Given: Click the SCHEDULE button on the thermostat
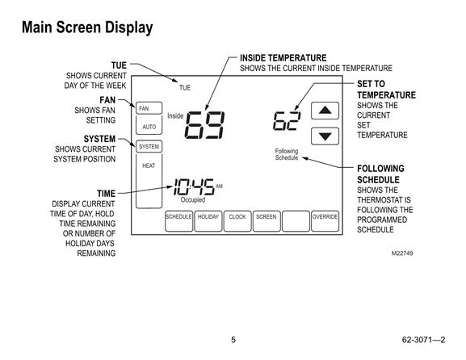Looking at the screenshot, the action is click(x=178, y=221).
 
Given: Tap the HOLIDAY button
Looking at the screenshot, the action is click(x=208, y=221).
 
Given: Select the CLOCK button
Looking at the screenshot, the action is click(x=237, y=221).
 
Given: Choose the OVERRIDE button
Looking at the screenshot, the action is click(x=325, y=221).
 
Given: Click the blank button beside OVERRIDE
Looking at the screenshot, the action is click(x=296, y=221).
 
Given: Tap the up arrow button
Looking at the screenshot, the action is click(x=325, y=111).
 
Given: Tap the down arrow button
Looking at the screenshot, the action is click(x=325, y=136).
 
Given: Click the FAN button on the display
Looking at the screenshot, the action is click(x=149, y=108).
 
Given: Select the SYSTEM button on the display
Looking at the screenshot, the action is click(x=149, y=146).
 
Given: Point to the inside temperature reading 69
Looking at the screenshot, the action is click(x=204, y=125).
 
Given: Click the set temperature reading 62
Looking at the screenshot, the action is click(x=287, y=121).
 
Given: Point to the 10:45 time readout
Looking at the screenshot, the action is click(x=194, y=186).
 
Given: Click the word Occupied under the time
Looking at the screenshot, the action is click(x=193, y=199).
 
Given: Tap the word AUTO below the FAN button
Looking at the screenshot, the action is click(x=149, y=127).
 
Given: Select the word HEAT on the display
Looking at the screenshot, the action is click(x=149, y=165).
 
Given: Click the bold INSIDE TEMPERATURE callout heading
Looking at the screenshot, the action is click(x=283, y=57).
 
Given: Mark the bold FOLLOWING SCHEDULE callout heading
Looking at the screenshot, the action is click(x=380, y=174).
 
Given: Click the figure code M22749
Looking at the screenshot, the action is click(x=402, y=253).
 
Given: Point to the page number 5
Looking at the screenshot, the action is click(x=233, y=340).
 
